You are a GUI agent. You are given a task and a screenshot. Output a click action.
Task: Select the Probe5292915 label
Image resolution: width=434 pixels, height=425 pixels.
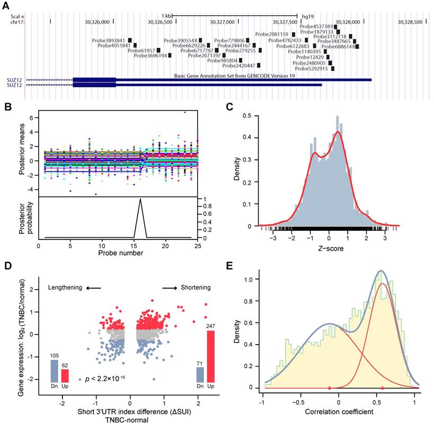[313, 68]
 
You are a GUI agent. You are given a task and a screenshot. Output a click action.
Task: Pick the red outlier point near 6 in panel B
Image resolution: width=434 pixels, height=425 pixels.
[185, 112]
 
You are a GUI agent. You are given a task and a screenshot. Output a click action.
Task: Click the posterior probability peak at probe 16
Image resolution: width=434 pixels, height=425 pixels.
[140, 200]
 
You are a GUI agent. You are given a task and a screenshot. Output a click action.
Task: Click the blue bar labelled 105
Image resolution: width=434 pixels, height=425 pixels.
[54, 371]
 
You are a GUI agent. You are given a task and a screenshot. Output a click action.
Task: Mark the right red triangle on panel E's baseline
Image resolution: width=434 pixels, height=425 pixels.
[383, 388]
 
